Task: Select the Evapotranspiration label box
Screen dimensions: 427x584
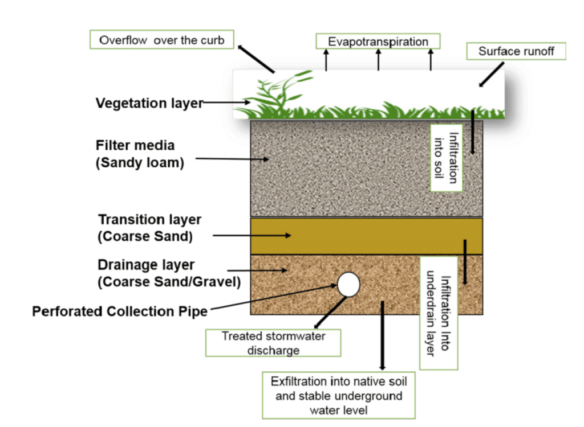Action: tap(378, 42)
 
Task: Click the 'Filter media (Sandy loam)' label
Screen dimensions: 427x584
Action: tap(140, 154)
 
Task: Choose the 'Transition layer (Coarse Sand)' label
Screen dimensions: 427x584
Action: tap(150, 227)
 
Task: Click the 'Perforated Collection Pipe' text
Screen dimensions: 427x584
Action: tap(120, 311)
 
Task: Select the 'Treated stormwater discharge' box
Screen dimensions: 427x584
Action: tap(273, 343)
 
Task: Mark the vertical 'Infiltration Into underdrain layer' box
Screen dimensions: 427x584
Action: tap(438, 314)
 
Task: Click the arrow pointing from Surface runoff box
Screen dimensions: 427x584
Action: tap(492, 75)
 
